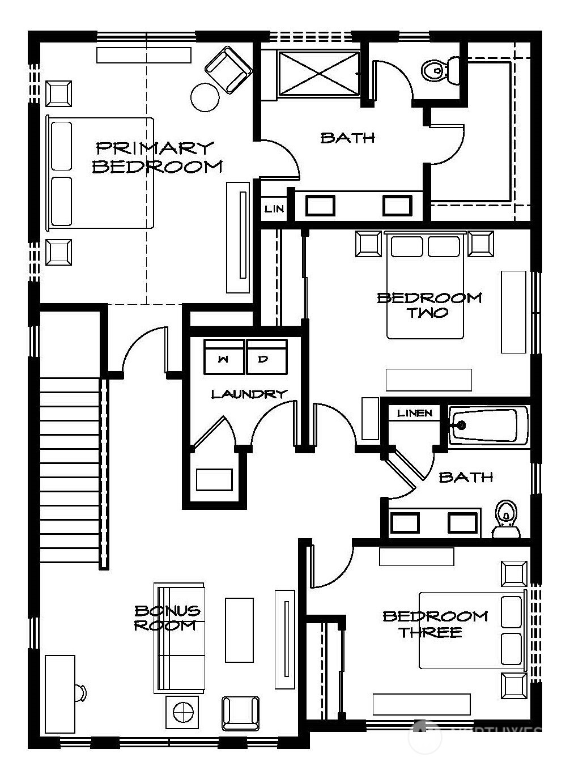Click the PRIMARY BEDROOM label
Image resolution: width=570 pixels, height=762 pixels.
tap(158, 157)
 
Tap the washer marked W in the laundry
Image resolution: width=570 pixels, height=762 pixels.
tap(224, 357)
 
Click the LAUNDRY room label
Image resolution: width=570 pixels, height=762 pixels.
tap(249, 394)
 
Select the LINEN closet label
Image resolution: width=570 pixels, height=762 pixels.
tap(415, 413)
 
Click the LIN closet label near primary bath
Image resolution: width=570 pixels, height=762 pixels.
tap(274, 209)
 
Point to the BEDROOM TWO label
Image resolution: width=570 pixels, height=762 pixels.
tap(429, 305)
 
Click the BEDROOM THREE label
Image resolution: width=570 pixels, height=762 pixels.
tap(435, 624)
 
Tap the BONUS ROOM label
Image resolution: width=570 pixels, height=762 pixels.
tap(167, 618)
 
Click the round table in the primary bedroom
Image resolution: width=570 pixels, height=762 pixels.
tap(205, 97)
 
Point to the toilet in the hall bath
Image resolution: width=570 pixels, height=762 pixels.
tap(505, 518)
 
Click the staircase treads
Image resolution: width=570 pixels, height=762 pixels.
tap(70, 470)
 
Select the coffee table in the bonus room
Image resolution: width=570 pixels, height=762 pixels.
tap(239, 629)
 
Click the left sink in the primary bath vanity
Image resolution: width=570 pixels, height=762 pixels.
tap(320, 205)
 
